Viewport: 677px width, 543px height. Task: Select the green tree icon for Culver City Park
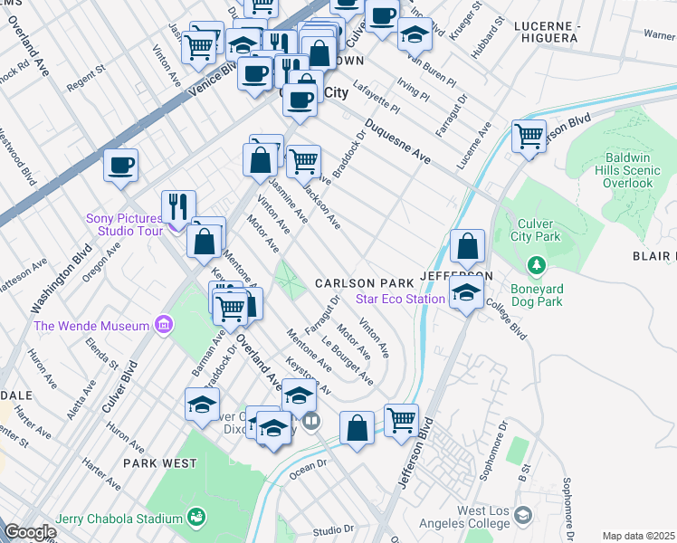[x=538, y=264]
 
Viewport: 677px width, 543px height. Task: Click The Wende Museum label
[x=91, y=326]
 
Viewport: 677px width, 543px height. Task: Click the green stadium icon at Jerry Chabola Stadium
[x=195, y=517]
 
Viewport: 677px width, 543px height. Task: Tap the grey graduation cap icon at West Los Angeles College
[x=522, y=516]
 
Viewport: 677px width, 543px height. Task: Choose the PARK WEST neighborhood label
[x=160, y=463]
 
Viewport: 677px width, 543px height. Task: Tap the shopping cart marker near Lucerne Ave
[x=529, y=138]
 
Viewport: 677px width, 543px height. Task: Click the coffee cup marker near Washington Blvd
[x=120, y=166]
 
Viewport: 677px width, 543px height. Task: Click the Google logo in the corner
[x=29, y=532]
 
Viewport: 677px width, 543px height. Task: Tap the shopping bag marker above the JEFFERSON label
[x=467, y=247]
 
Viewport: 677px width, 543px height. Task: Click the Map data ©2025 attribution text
[x=638, y=536]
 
